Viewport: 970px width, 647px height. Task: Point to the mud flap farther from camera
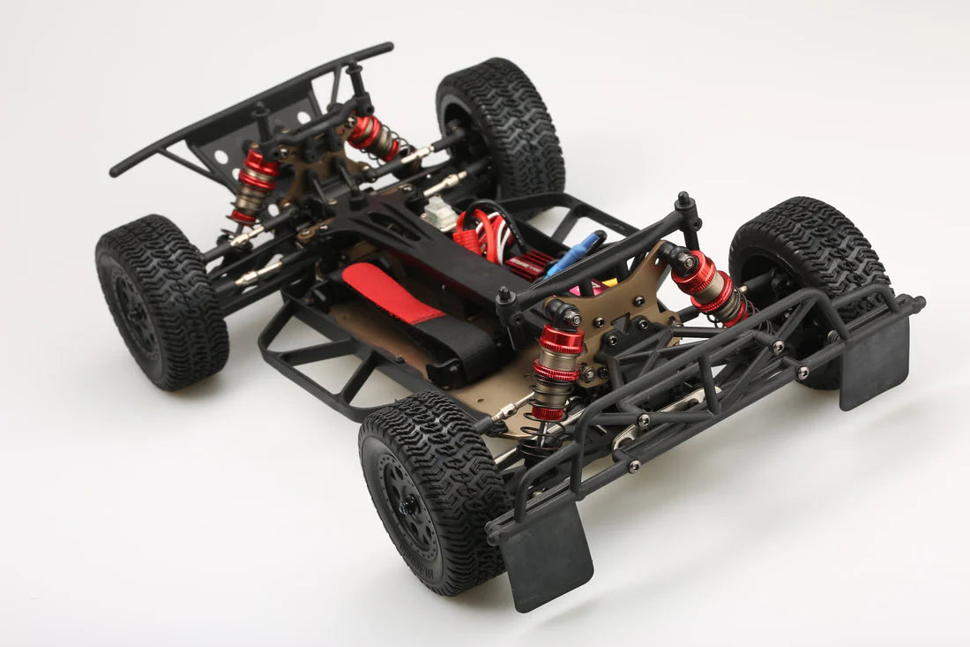pos(874,362)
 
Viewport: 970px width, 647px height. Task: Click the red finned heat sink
pos(530,266)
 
